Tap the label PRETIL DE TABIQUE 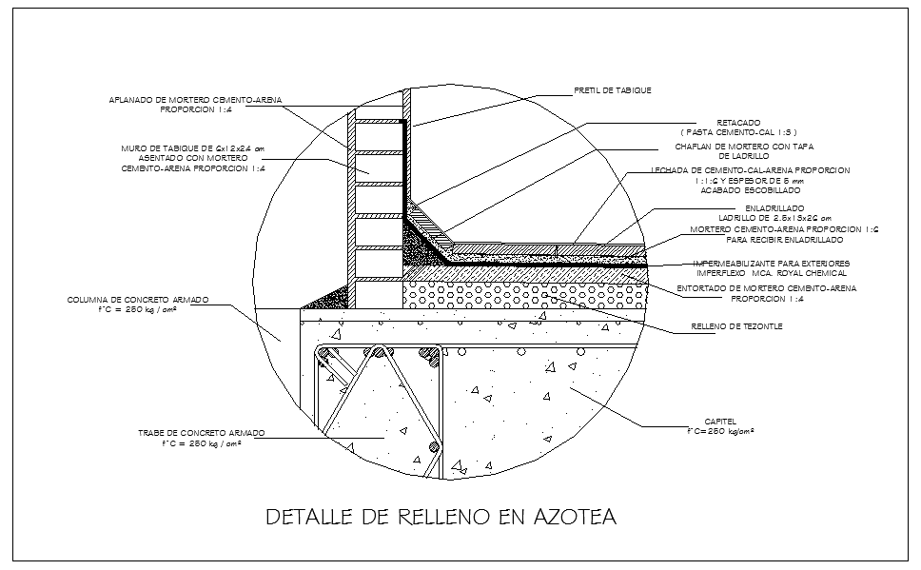tap(613, 90)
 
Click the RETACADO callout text tap(738, 123)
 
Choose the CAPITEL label tap(718, 422)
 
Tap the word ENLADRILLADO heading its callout tap(774, 207)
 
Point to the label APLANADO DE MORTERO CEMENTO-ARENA tap(195, 99)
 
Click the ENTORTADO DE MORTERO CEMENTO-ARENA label tap(766, 287)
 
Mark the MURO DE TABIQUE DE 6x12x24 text tap(192, 148)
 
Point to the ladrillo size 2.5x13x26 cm tap(774, 218)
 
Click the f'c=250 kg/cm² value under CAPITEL tap(720, 431)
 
